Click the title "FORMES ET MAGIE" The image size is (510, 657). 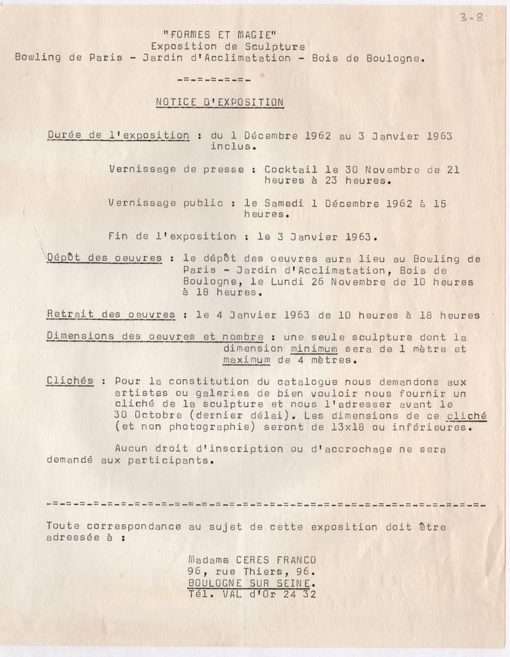click(x=219, y=35)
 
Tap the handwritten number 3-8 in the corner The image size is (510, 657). click(x=471, y=17)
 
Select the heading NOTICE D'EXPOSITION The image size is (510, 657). click(x=220, y=101)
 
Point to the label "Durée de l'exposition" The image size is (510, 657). click(x=118, y=135)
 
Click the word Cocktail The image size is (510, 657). click(x=291, y=170)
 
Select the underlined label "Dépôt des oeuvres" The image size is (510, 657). click(x=105, y=258)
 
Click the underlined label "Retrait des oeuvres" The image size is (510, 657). click(x=111, y=315)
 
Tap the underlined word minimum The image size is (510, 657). click(x=314, y=349)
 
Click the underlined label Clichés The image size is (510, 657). click(x=70, y=381)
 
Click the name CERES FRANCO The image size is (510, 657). click(x=277, y=560)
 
